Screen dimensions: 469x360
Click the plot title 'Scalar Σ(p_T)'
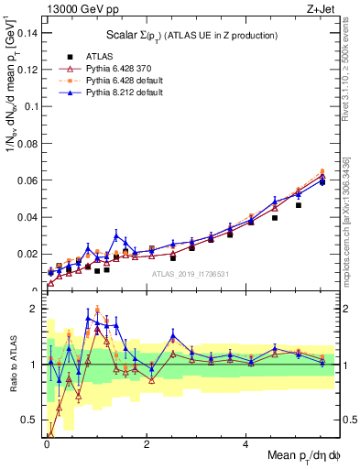[x=191, y=35]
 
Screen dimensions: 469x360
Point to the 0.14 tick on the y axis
[x=29, y=33]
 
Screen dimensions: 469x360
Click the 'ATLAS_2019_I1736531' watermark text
[x=191, y=274]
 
